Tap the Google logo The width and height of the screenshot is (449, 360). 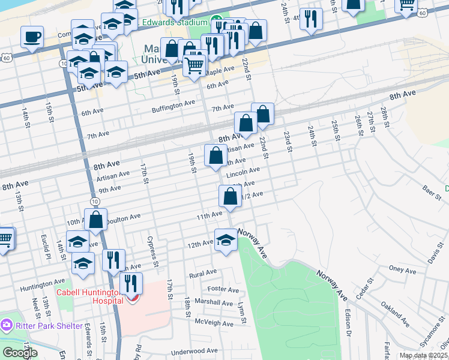coord(20,353)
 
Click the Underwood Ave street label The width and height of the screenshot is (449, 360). coord(194,350)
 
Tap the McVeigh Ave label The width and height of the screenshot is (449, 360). coord(217,323)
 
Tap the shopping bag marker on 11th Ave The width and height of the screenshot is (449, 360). coord(231,196)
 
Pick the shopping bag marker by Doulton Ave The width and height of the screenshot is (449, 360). coord(95,219)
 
